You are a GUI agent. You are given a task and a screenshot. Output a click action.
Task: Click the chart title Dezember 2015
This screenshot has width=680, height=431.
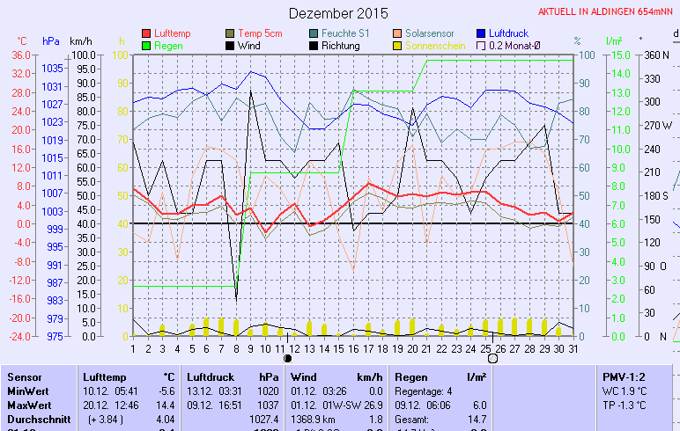pyautogui.click(x=338, y=13)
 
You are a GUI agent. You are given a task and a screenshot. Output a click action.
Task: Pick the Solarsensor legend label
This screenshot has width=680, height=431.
pyautogui.click(x=433, y=33)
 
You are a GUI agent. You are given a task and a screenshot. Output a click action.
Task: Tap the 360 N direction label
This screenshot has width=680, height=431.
pyautogui.click(x=657, y=55)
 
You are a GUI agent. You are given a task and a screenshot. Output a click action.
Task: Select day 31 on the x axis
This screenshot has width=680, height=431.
pyautogui.click(x=573, y=347)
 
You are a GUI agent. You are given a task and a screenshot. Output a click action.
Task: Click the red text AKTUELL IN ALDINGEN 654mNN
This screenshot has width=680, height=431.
pyautogui.click(x=606, y=12)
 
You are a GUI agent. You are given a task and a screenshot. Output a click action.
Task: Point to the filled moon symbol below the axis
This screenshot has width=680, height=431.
pyautogui.click(x=287, y=358)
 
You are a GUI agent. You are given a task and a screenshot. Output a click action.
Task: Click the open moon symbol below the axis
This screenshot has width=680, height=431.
pyautogui.click(x=492, y=358)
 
